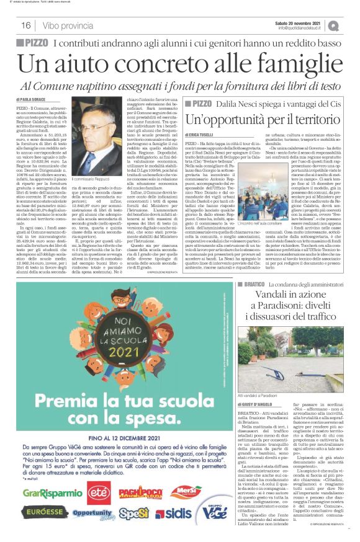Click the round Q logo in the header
351,25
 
